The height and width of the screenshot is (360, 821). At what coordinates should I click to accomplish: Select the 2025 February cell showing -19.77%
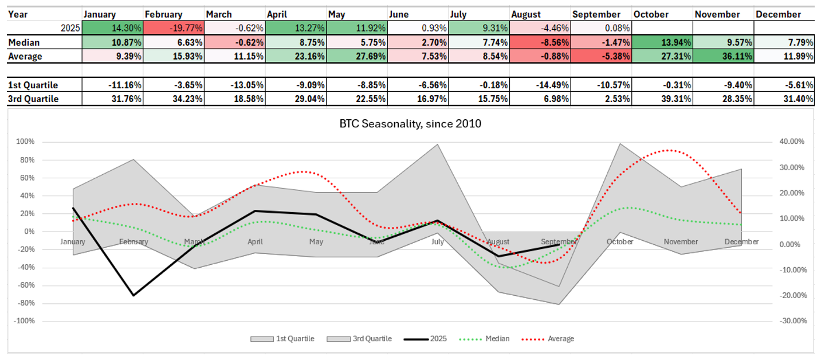click(174, 28)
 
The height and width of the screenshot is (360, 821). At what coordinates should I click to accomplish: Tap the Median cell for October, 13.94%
click(662, 42)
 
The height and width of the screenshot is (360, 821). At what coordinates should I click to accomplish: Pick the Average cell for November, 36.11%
click(724, 56)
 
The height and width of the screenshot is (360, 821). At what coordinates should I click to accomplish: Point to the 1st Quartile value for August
click(540, 85)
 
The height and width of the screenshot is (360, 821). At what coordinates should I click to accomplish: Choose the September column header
click(596, 14)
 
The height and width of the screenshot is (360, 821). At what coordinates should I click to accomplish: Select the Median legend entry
click(484, 339)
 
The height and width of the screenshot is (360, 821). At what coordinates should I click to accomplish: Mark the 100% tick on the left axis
click(26, 142)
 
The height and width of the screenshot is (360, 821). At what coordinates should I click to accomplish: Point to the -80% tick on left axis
click(25, 303)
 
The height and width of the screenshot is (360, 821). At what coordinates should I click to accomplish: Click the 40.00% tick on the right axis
click(792, 142)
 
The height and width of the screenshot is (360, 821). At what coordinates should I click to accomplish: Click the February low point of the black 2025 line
click(133, 295)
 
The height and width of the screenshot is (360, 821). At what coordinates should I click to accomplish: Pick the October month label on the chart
click(620, 242)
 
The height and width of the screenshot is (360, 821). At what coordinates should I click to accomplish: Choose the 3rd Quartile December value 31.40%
click(785, 99)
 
